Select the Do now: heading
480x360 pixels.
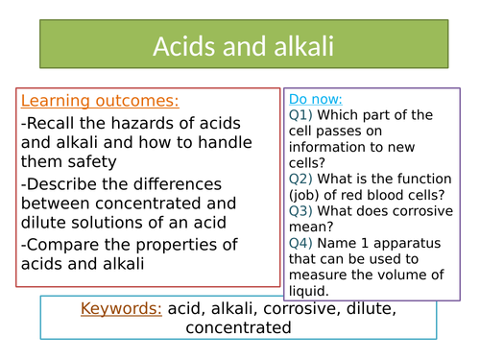coord(315,99)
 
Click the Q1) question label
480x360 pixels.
coord(300,115)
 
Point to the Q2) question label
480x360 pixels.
coord(300,179)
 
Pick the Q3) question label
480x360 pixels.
coord(300,211)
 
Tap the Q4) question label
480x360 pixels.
coord(300,243)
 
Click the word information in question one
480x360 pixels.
coord(326,163)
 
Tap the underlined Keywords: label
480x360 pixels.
coord(122,309)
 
